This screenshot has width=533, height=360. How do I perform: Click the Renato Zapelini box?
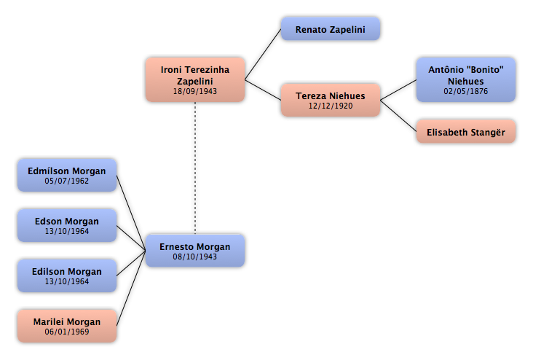[x=330, y=29]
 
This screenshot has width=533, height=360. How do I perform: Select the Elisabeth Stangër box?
[x=466, y=131]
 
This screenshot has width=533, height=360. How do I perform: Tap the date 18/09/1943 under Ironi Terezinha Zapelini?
[x=194, y=91]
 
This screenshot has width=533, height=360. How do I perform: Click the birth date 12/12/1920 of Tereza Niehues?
[x=330, y=106]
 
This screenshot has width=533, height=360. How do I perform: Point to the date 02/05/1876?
[x=466, y=91]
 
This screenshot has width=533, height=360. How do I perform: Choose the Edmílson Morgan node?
[x=67, y=175]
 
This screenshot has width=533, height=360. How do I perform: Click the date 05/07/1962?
[x=67, y=181]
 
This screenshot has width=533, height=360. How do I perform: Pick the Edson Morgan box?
[x=67, y=225]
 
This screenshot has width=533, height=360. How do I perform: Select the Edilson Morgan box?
[x=67, y=275]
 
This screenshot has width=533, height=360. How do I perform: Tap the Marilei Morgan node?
[x=67, y=326]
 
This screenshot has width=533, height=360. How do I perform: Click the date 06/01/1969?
[x=67, y=332]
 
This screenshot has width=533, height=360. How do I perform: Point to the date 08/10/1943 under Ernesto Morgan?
[x=194, y=257]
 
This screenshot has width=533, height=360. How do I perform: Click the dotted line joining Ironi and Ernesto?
[x=195, y=168]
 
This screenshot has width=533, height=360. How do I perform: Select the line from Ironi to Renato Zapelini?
[x=263, y=55]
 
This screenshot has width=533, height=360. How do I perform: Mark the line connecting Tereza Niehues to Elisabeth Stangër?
[x=398, y=116]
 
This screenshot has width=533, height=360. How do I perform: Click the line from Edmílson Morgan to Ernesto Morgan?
[x=131, y=213]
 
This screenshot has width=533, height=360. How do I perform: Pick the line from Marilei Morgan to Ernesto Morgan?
[x=131, y=288]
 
